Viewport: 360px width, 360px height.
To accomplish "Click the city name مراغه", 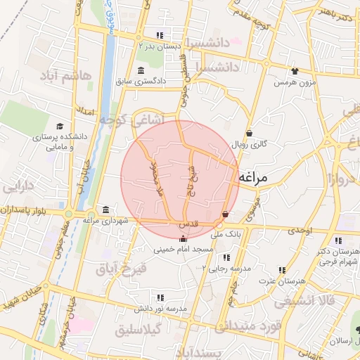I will click(x=254, y=179).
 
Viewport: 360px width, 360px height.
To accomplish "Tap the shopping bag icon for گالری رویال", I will click(x=250, y=133).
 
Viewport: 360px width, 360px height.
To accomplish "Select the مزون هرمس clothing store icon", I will click(x=294, y=70).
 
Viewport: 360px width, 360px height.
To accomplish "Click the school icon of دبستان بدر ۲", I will click(x=160, y=35).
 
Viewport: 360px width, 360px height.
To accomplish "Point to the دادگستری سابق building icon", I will click(x=141, y=70).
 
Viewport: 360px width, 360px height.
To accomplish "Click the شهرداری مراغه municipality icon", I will click(x=105, y=210).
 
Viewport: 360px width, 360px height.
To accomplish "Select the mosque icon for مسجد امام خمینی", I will click(x=183, y=238).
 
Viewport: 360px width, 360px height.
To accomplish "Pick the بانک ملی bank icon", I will click(x=225, y=214).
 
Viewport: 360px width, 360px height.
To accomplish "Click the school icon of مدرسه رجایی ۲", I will click(x=226, y=257).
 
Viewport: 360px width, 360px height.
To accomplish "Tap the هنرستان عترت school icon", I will click(x=283, y=269).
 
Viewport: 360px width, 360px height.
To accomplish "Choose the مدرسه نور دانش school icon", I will click(x=161, y=297).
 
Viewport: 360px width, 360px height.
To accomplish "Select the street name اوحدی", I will click(x=300, y=231).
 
